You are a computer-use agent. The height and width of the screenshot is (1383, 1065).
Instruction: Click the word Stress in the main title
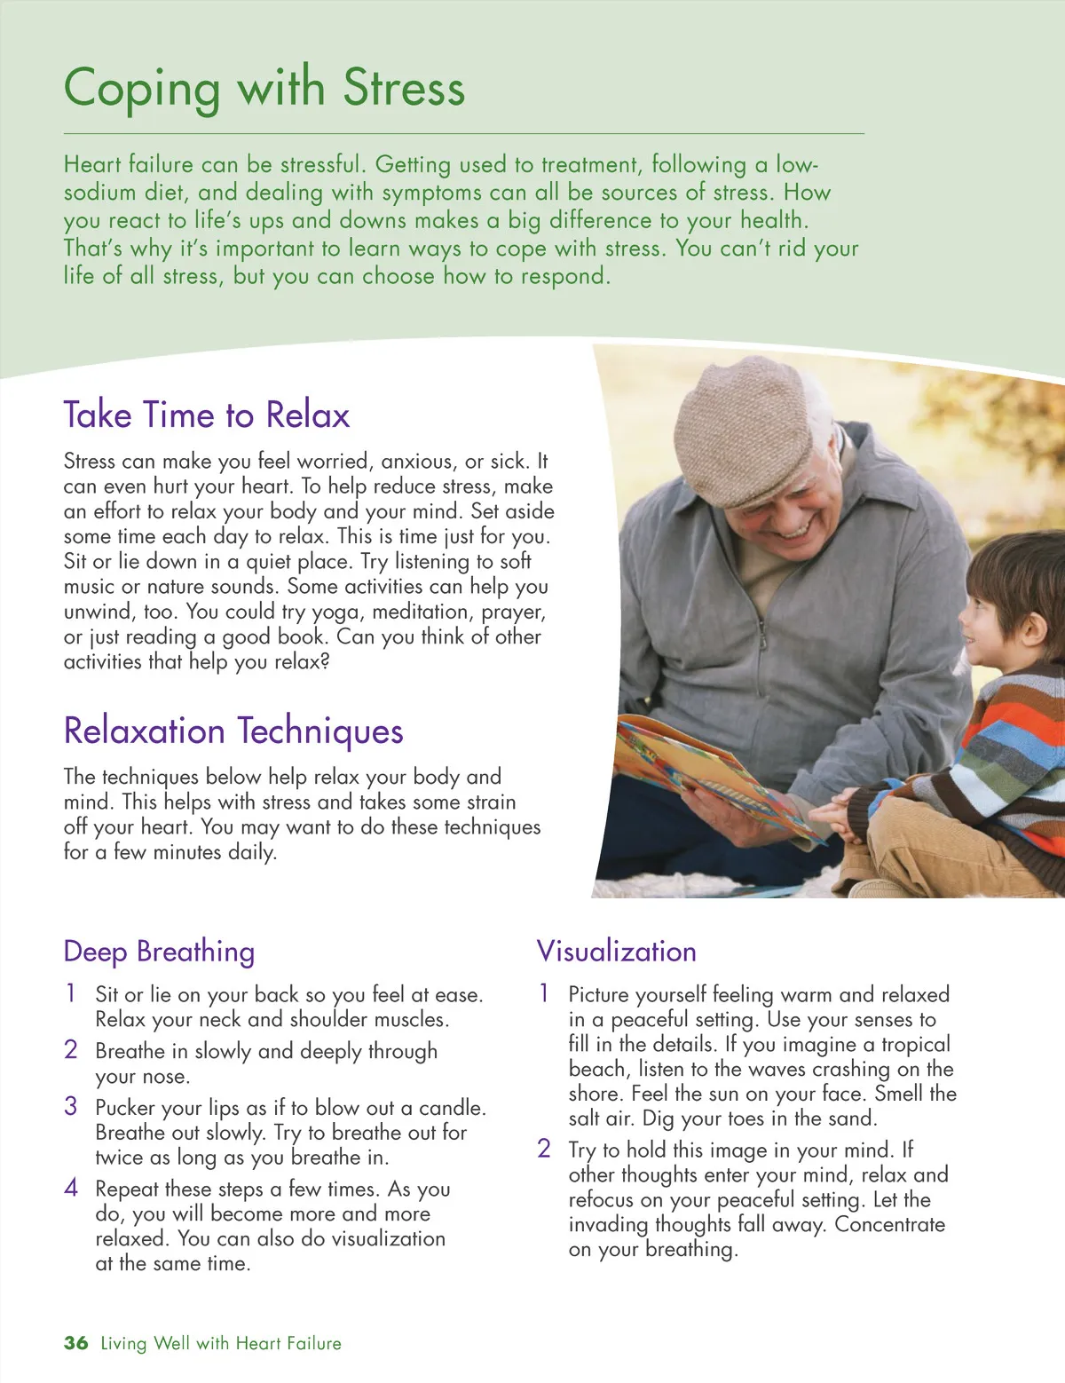pos(404,88)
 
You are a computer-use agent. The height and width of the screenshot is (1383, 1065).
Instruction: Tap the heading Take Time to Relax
pos(207,415)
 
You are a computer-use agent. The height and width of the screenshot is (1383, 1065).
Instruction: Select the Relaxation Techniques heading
pos(233,731)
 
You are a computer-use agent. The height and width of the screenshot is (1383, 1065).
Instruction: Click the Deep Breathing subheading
pos(159,952)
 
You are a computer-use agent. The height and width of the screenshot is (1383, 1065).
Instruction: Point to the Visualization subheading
pos(616,952)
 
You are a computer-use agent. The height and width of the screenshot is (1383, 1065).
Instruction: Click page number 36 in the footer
pos(75,1343)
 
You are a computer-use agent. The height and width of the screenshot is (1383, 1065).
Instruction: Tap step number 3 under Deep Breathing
pos(71,1106)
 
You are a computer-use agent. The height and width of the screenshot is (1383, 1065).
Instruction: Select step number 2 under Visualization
pos(544,1149)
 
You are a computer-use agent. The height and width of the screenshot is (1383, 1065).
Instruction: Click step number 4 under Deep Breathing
pos(71,1188)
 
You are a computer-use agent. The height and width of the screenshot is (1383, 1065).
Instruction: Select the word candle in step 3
pos(454,1108)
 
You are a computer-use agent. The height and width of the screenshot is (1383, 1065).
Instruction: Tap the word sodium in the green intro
pos(99,193)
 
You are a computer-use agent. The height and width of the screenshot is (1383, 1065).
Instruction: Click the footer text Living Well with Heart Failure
pos(221,1343)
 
